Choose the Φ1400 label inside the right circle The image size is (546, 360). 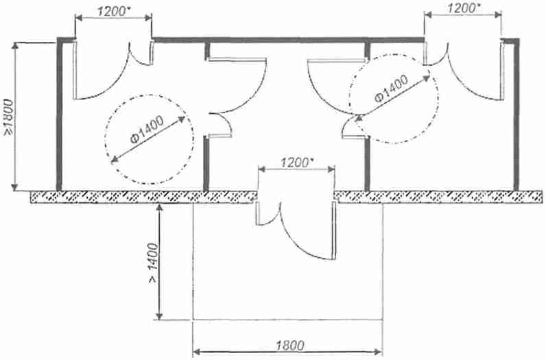pyautogui.click(x=392, y=88)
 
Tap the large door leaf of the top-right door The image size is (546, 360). pyautogui.click(x=503, y=71)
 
